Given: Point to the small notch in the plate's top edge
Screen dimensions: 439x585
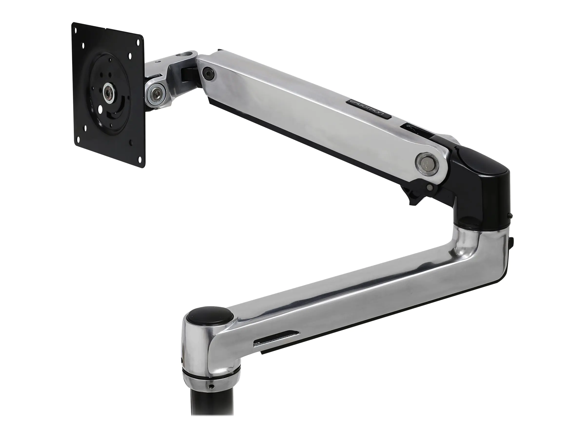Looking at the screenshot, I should click(106, 29).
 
